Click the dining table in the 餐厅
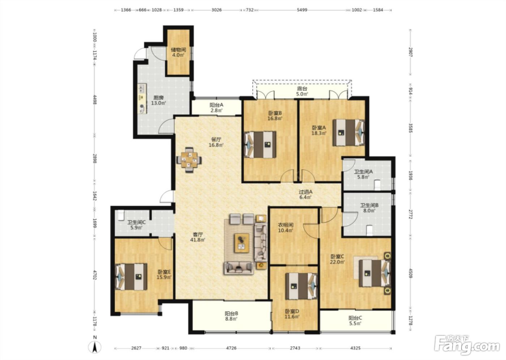point(189,160)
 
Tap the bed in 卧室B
point(260,145)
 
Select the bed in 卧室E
point(131,277)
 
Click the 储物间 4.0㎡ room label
point(178,52)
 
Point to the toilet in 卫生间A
point(377,185)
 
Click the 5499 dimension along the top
point(302,10)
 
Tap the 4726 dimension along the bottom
point(231,348)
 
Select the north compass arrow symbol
point(95,346)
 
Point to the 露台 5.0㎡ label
point(302,91)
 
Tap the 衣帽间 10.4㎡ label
point(286,228)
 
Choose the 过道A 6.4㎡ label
point(305,194)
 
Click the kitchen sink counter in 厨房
point(142,99)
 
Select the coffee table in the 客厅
point(242,243)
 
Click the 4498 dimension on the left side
point(95,99)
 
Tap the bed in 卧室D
point(301,286)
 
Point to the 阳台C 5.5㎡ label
point(355,321)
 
